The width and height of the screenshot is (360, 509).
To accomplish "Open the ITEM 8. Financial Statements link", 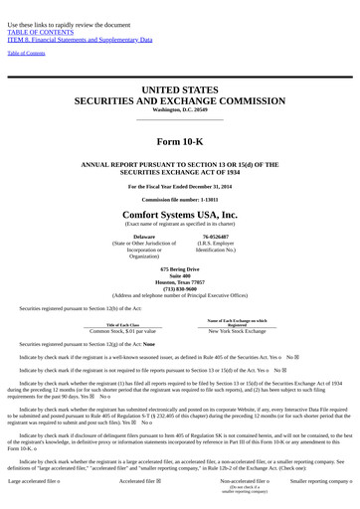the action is pos(80,40).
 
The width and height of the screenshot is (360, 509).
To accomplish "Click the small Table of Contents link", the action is pos(26,53).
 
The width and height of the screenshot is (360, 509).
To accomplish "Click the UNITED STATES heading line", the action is pos(180,89).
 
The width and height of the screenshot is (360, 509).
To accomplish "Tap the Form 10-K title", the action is pos(180,141).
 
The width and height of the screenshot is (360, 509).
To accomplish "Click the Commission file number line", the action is pos(180,199).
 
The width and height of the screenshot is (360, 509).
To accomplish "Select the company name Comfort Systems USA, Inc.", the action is pos(180,214).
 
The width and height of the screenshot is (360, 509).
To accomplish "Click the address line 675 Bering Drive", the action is pos(180,269).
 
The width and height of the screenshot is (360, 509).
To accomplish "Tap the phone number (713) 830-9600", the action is pos(180,288).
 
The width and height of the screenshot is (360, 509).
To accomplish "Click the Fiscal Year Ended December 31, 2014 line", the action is pos(180,186).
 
